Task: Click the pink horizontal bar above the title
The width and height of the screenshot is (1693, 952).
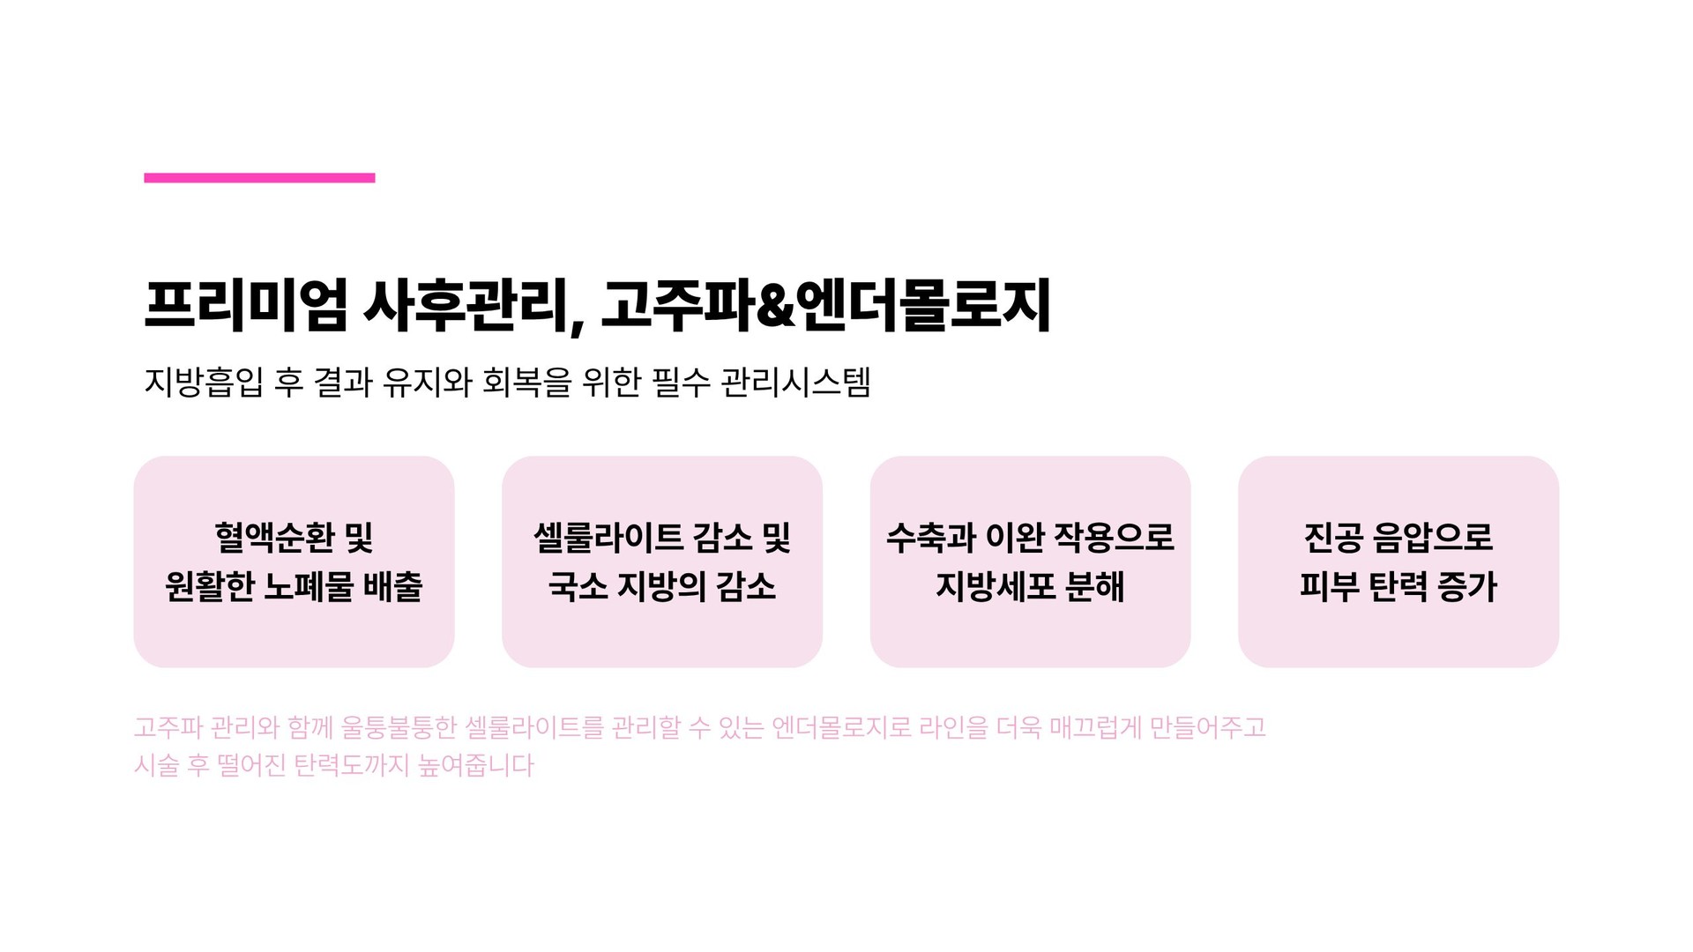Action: click(259, 178)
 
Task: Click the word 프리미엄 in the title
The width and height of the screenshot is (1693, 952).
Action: click(246, 306)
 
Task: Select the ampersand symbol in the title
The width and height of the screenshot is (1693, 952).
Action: click(775, 306)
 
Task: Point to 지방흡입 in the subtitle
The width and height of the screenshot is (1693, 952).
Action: click(203, 383)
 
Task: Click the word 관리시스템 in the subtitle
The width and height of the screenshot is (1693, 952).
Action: click(795, 383)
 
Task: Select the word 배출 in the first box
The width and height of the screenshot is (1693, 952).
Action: click(394, 586)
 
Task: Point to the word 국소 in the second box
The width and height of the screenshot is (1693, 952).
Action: click(578, 586)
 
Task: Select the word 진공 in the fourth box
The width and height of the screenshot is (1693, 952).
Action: click(1332, 537)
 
